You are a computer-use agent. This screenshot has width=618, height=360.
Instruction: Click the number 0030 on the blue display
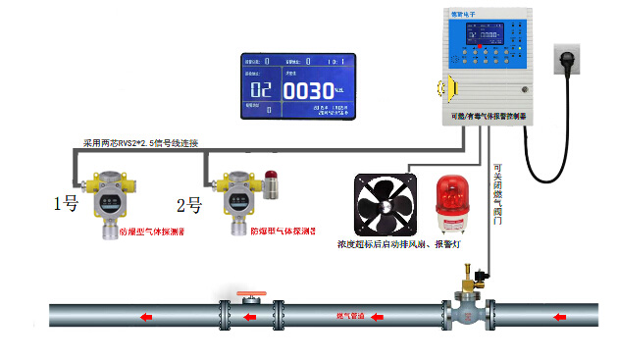(308, 90)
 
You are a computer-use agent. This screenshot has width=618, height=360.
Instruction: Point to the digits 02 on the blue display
(261, 90)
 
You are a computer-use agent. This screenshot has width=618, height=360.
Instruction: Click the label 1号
(65, 205)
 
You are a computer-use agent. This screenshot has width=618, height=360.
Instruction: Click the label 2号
(189, 205)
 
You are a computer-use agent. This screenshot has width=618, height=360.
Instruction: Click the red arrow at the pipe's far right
(560, 317)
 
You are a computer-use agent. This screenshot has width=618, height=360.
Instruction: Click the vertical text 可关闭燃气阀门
(497, 195)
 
